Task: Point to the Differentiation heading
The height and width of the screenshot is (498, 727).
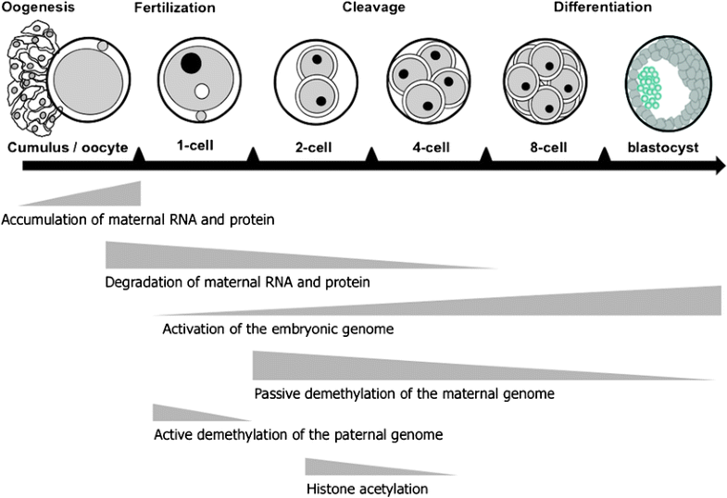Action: [602, 8]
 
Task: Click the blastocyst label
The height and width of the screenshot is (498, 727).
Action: [661, 146]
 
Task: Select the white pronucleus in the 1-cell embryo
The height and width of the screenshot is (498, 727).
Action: [202, 92]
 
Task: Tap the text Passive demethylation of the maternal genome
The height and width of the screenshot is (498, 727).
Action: [403, 393]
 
